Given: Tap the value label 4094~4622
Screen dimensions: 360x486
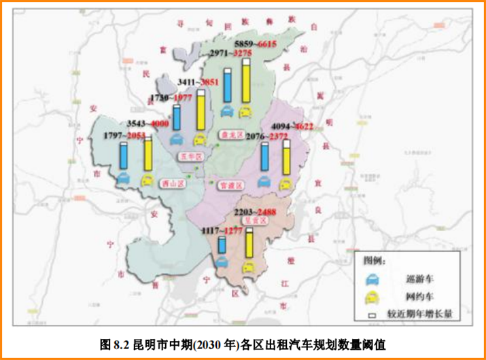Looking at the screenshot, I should [292, 126].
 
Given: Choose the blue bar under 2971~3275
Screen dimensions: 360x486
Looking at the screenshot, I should [228, 83].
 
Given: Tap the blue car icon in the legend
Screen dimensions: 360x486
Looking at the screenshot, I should [372, 278].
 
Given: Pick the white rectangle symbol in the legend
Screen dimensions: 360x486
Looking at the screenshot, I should [372, 314].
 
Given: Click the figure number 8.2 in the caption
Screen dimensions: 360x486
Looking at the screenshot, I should [120, 344].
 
